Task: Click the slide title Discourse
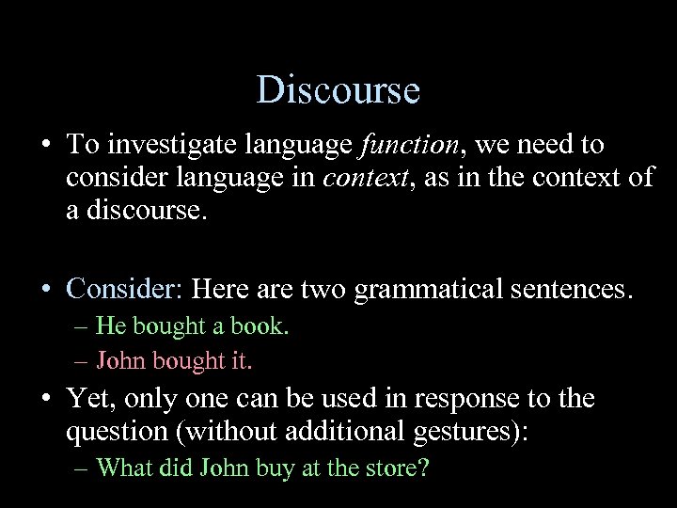point(338,90)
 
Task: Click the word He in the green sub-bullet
point(110,326)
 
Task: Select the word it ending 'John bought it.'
point(243,360)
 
